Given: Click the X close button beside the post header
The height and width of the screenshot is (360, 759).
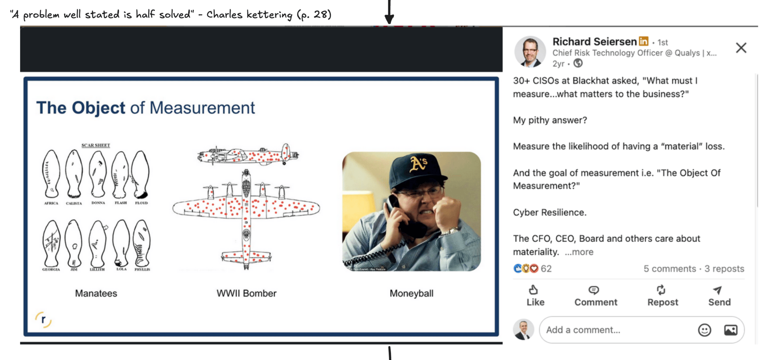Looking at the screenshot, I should coord(741,48).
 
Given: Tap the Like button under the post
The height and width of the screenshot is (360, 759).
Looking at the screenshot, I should coord(535,296).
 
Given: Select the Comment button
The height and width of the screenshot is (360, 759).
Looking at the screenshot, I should coord(595,296).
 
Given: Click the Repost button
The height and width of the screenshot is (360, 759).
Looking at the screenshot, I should coord(663,296).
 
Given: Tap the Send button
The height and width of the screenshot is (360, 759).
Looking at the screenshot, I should coord(719,296).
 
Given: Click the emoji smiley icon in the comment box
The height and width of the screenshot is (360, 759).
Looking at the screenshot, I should coord(704,330).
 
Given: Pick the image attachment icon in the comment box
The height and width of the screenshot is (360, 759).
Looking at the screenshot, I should coord(731,330).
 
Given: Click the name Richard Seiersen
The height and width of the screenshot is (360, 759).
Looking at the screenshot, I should coord(594,41).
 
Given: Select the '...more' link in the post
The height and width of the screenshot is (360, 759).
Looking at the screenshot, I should coord(579,252).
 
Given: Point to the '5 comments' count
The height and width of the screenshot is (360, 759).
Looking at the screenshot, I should coord(669,269).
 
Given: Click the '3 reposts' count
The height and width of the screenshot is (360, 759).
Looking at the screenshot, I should coord(724,269).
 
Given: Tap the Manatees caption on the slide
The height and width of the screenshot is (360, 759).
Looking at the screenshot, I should coord(96,293).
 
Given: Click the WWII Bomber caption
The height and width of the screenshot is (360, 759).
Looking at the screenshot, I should coord(246,293).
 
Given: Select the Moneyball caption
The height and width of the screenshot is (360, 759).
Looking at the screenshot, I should coord(411,293).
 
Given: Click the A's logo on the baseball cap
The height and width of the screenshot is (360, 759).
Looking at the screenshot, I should coord(418,164).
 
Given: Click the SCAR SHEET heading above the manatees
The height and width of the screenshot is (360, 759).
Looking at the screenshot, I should coord(96,145).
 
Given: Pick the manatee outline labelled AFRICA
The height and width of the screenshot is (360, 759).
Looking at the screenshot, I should coord(51,174).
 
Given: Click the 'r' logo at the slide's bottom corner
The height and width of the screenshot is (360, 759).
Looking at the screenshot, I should coord(43,319).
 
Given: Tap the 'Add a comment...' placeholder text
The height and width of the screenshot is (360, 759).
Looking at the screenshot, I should coord(583,330).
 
